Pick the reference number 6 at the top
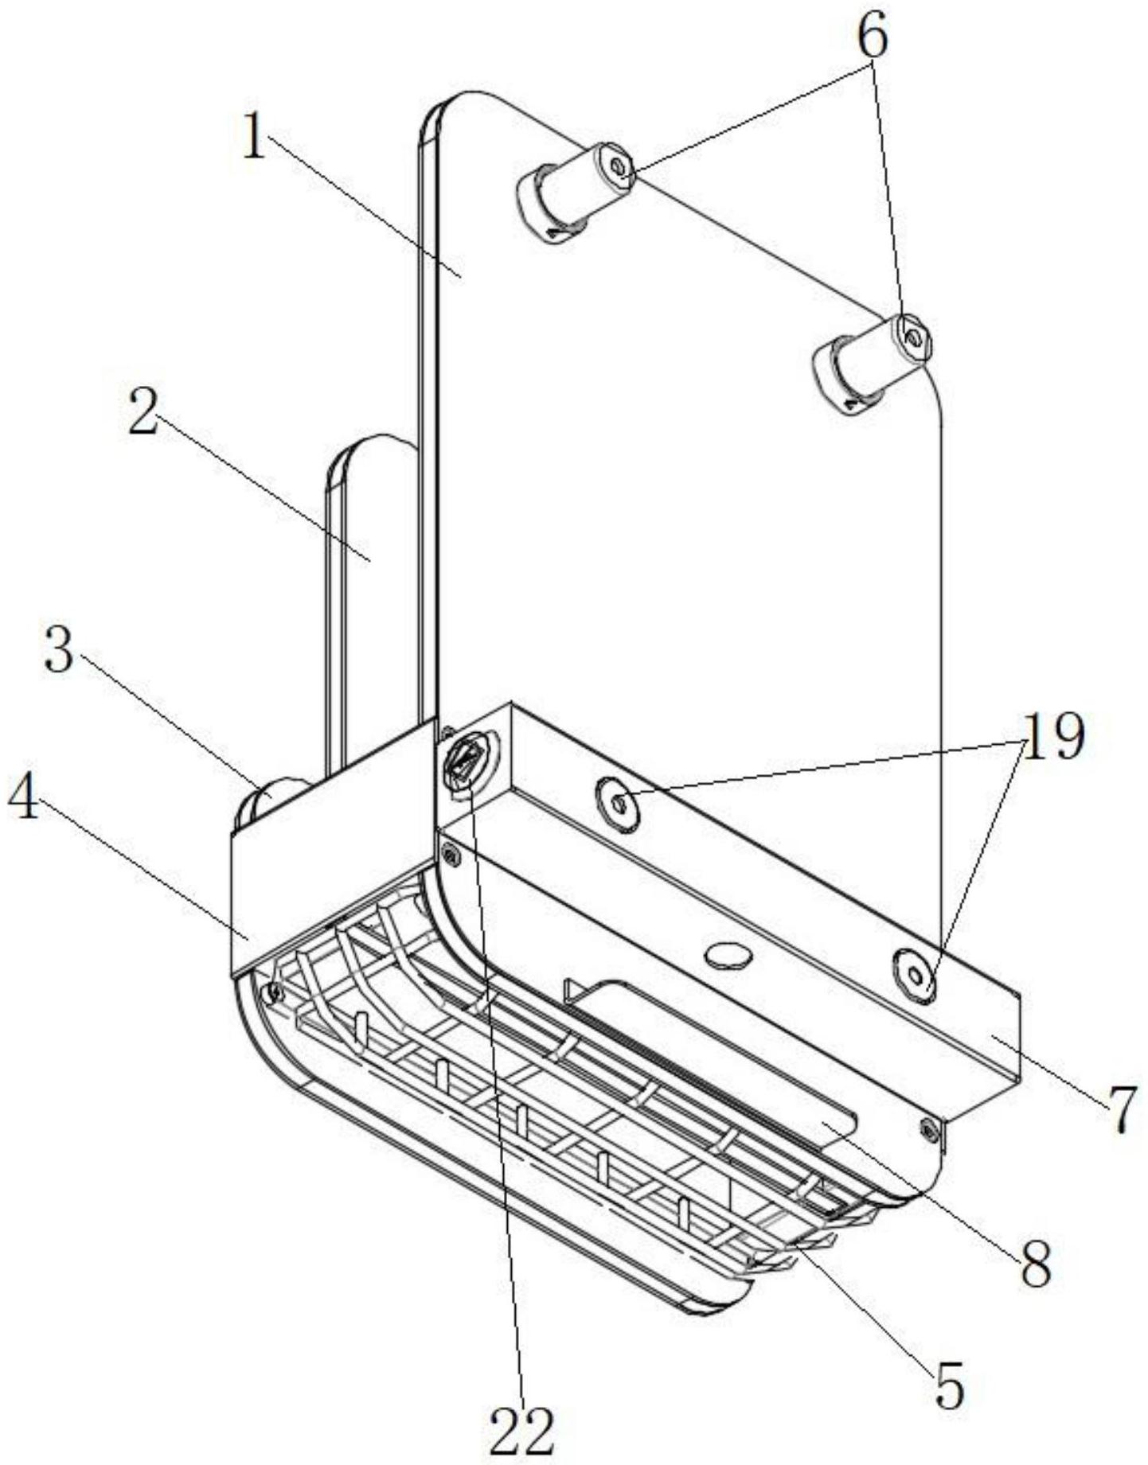[873, 37]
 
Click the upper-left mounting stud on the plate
[573, 191]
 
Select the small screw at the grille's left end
[275, 992]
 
